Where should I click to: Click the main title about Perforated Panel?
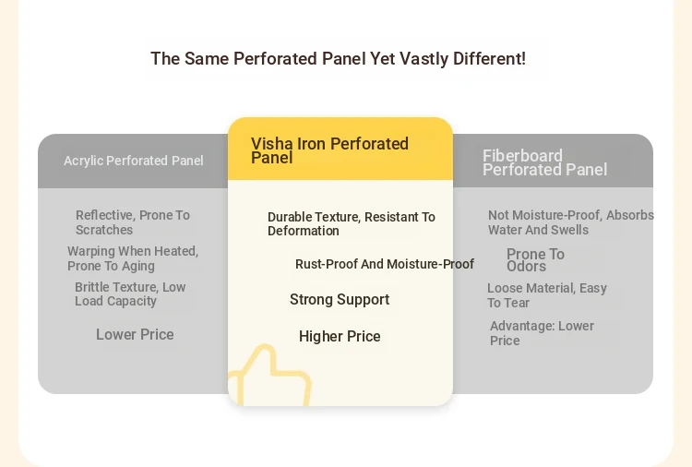tap(338, 59)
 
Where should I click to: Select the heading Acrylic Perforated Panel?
tap(133, 161)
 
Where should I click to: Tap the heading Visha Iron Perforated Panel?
tap(329, 150)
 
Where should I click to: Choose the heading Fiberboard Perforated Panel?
tap(544, 162)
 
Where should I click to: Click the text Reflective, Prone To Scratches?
tap(132, 222)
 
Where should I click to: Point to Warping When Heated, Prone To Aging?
tap(133, 258)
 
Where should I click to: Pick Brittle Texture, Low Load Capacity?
tap(130, 294)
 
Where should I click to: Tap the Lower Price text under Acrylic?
tap(135, 335)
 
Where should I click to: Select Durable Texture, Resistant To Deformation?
tap(352, 223)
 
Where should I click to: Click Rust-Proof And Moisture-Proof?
tap(385, 264)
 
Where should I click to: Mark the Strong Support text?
tap(340, 300)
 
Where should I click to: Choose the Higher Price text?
tap(340, 336)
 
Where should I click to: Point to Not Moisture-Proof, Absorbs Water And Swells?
tap(570, 222)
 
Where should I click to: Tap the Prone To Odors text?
tap(535, 260)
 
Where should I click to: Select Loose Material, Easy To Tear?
tap(547, 295)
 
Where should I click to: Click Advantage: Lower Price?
tap(542, 333)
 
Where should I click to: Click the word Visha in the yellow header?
tap(272, 144)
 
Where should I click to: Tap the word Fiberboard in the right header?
tap(522, 156)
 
